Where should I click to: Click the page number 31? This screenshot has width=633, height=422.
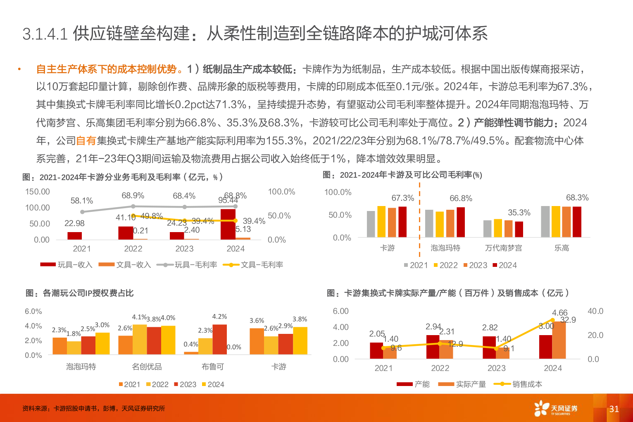click(x=614, y=409)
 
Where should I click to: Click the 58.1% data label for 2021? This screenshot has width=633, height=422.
click(x=82, y=201)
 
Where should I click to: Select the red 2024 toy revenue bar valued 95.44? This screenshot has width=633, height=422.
click(x=228, y=224)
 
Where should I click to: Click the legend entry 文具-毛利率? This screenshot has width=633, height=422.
click(x=253, y=265)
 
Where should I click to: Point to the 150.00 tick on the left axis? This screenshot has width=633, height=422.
click(x=37, y=192)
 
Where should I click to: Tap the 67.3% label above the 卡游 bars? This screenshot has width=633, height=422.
click(x=402, y=198)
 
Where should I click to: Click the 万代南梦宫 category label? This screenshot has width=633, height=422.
click(x=503, y=248)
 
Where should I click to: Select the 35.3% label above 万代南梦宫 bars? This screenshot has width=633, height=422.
click(x=519, y=213)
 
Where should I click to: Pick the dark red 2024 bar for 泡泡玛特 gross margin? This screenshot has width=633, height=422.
click(x=461, y=222)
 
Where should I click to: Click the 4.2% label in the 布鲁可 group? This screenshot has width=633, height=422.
click(x=219, y=316)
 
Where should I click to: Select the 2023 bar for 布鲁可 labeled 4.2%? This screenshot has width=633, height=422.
click(x=219, y=339)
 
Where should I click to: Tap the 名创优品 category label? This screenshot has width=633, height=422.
click(x=147, y=367)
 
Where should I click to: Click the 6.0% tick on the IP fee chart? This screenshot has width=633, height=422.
click(x=33, y=312)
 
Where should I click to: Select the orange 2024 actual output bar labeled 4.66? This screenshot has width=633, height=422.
click(x=559, y=340)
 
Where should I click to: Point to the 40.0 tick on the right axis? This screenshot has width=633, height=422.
click(x=595, y=311)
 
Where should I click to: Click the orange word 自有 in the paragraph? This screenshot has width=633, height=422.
click(x=86, y=141)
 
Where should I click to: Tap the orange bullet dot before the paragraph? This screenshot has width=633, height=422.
click(x=19, y=69)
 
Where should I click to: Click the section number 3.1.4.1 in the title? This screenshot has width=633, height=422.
click(x=45, y=34)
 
